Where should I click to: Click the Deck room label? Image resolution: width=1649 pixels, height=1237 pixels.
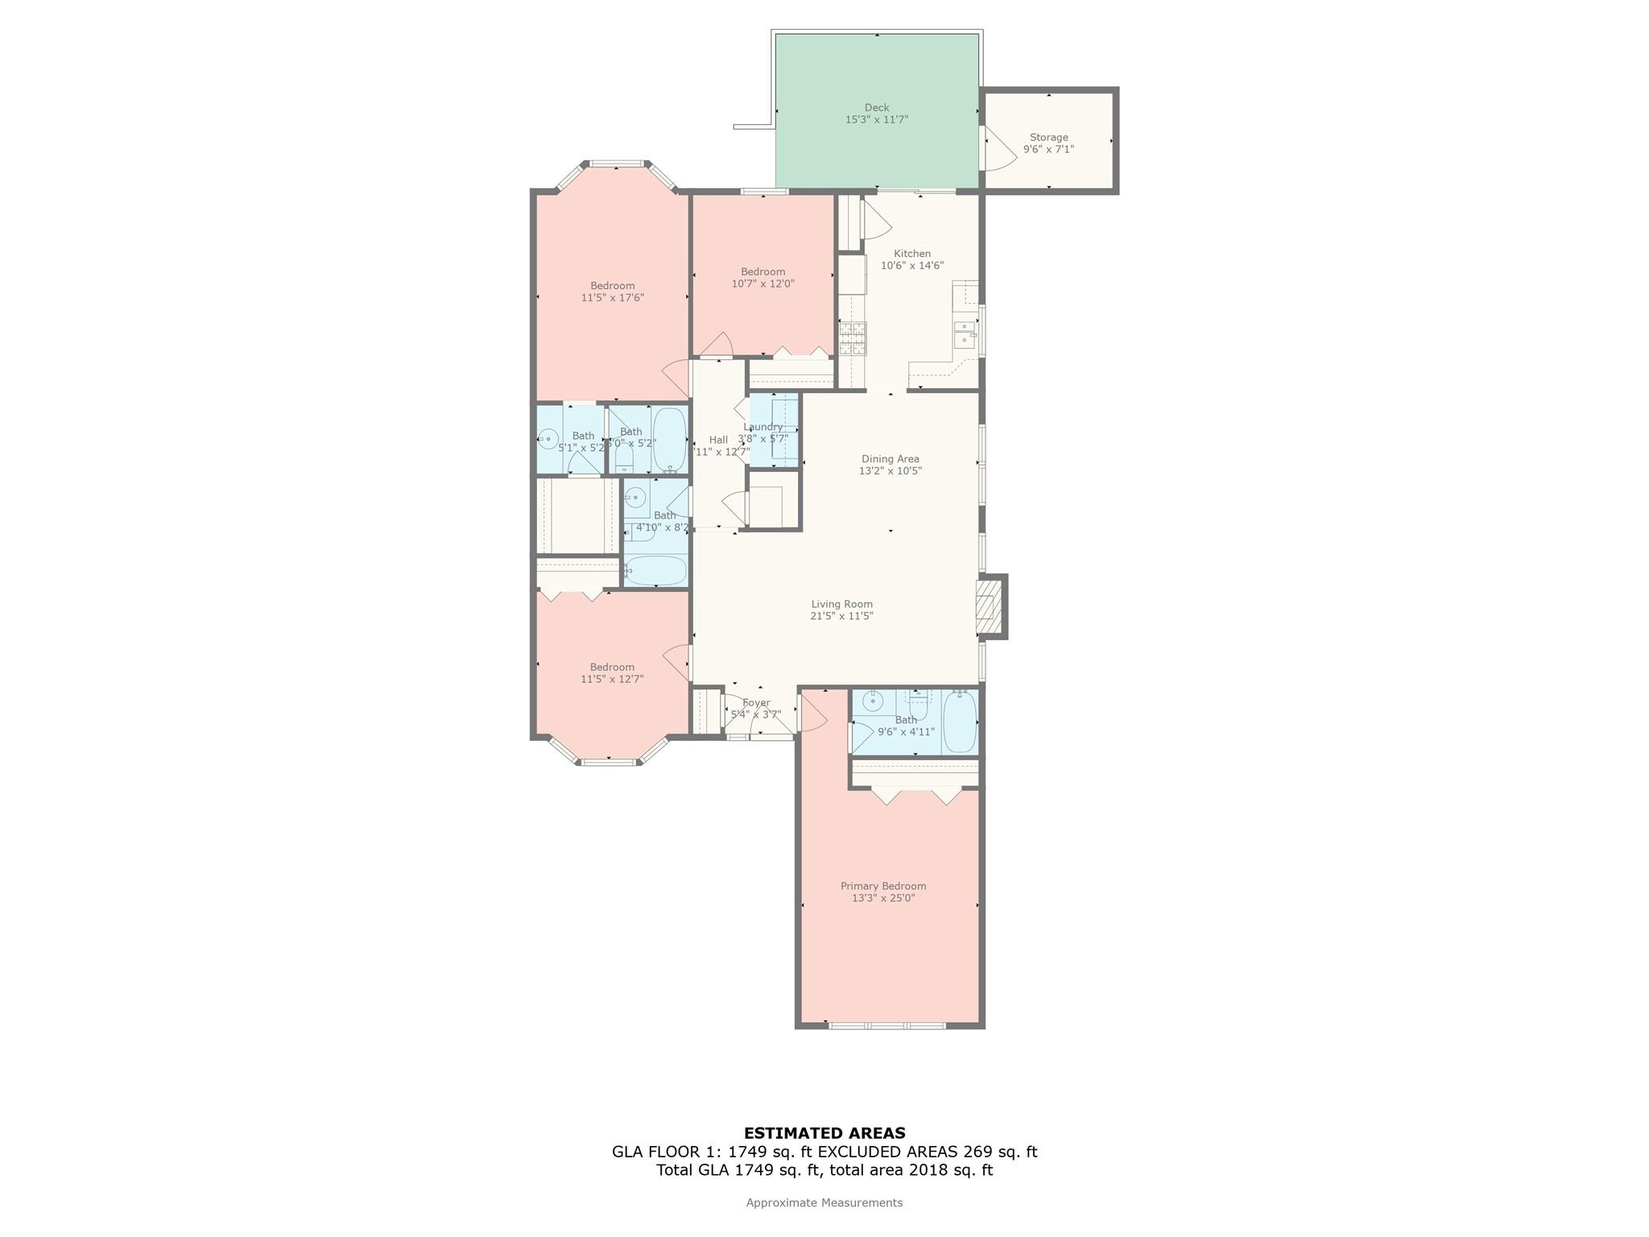pos(876,108)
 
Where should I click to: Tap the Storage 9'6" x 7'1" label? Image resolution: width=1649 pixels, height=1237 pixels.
pos(1048,143)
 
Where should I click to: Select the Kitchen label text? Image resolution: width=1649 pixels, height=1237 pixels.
pos(911,254)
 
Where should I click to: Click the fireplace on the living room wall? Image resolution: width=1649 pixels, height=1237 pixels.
pos(986,607)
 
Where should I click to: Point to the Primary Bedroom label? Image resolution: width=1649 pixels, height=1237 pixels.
pos(883,886)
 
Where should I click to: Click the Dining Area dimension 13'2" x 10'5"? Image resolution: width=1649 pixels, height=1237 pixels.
pos(890,471)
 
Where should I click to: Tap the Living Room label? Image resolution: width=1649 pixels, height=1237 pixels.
pos(841,604)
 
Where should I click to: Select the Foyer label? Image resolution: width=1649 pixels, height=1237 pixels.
pos(756,703)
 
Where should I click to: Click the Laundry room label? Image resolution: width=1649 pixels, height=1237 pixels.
pos(763,427)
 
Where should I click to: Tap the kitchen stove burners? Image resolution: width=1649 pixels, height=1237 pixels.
pos(853,339)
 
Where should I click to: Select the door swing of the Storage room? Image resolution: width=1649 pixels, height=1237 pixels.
pos(999,151)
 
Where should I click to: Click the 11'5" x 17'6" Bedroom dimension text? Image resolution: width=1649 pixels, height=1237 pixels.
pos(612,298)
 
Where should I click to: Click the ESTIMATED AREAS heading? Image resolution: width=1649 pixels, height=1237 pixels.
pos(824,1133)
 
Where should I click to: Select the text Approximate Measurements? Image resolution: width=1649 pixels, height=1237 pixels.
pos(824,1202)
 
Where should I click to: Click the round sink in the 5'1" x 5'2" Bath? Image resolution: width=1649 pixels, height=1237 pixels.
pos(548,439)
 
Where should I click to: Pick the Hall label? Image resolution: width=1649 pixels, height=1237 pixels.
pos(718,440)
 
